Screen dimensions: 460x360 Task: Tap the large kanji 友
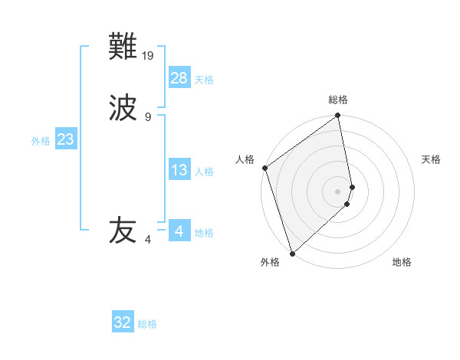(123, 231)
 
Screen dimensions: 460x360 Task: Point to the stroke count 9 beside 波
(148, 116)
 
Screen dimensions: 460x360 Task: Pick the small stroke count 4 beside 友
(148, 240)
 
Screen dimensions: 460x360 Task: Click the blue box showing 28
(179, 78)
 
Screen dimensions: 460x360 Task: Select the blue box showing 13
(179, 170)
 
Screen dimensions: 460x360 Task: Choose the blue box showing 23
(65, 139)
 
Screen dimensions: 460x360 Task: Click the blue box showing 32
(123, 322)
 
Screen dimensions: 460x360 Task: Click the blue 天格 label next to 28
(204, 79)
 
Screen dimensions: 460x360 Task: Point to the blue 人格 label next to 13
(204, 171)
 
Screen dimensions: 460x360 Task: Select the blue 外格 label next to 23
(41, 140)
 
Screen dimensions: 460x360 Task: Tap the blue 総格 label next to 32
(147, 323)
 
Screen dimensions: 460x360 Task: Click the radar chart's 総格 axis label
(338, 100)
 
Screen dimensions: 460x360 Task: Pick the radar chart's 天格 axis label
(431, 159)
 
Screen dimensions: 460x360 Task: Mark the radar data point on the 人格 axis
(264, 168)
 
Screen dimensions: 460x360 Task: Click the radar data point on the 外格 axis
(292, 253)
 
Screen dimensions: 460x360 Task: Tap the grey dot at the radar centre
(338, 191)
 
